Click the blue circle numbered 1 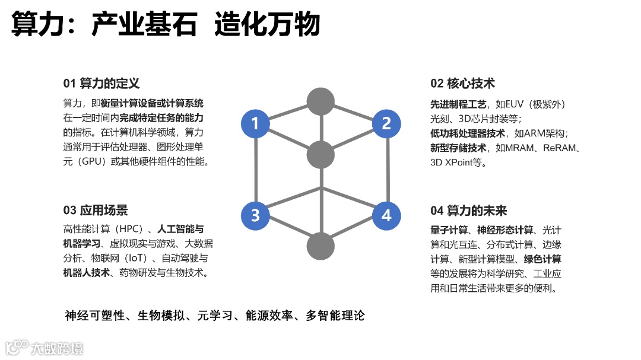(x=255, y=124)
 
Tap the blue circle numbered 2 (x=386, y=124)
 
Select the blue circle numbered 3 (x=255, y=215)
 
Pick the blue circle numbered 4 (x=386, y=215)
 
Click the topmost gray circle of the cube (x=320, y=101)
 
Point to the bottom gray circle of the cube (x=320, y=246)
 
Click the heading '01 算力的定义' (x=101, y=84)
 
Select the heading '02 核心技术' (x=462, y=84)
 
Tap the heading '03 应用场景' (x=96, y=211)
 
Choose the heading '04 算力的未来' (x=469, y=211)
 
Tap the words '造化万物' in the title (x=267, y=25)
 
